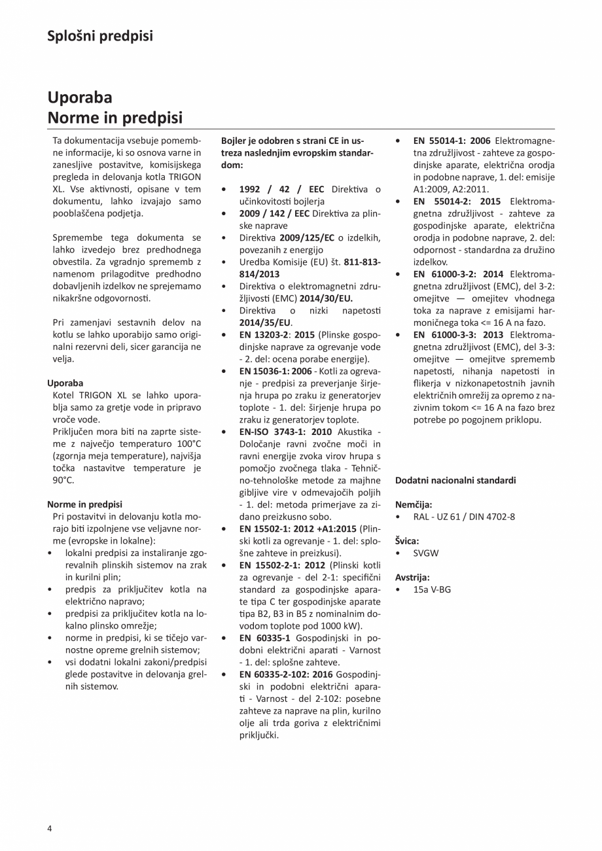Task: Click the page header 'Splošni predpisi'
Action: pos(100,36)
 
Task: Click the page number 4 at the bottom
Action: pos(50,828)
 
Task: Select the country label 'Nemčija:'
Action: pos(414,504)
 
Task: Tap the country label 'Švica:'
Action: pos(407,541)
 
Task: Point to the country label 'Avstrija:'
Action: pos(412,578)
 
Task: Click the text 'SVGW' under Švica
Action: pos(426,553)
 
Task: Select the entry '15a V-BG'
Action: pos(432,589)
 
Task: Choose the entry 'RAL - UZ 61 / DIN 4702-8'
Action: pos(464,516)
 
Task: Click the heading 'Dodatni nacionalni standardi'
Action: pos(455,480)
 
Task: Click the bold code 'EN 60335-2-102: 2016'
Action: pos(286,674)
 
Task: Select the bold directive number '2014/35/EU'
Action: pos(265,322)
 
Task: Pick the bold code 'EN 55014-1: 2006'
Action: pos(452,141)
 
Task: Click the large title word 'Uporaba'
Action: pos(80,97)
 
